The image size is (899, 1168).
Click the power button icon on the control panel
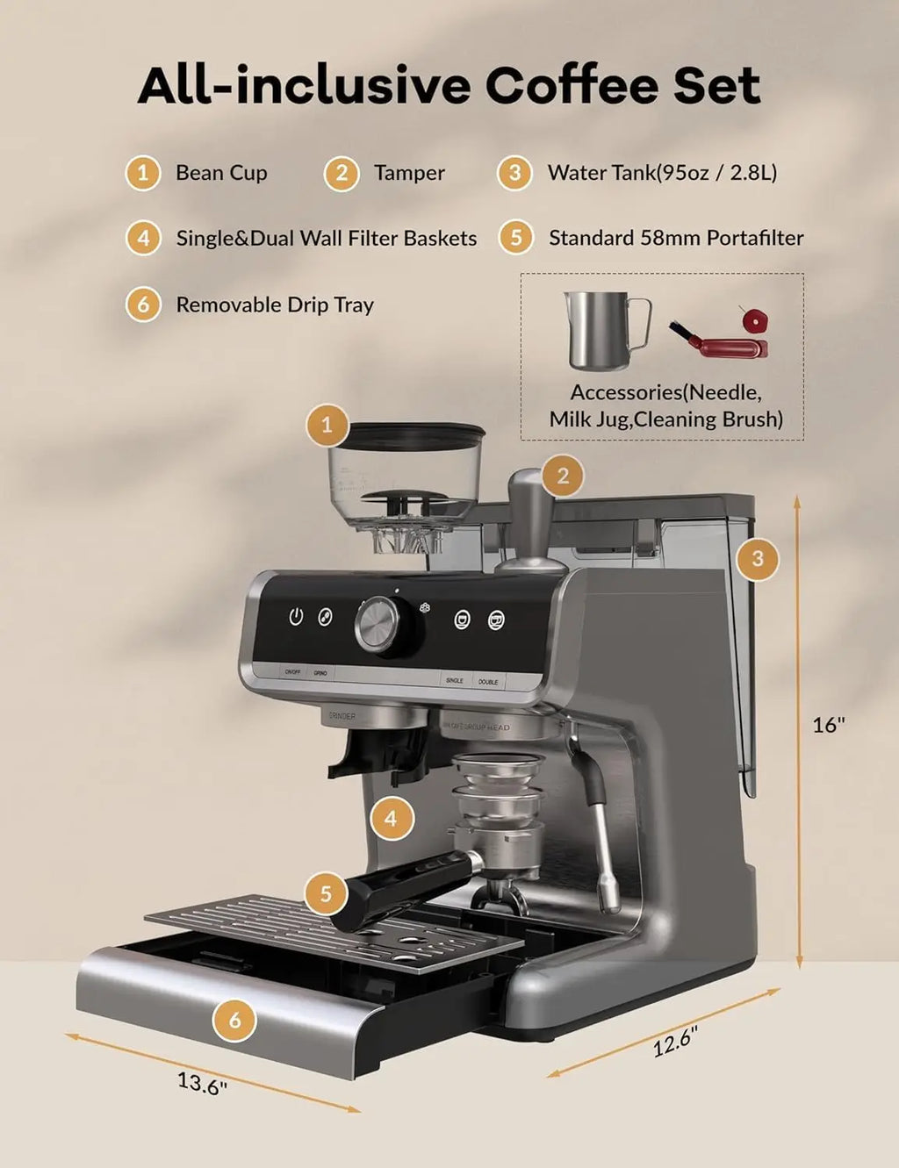coord(296,617)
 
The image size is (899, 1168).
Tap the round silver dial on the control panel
coord(378,625)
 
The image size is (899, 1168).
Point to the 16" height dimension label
coord(828,725)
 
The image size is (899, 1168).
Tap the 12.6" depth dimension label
coord(674,1042)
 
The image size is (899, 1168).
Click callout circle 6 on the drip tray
coord(234,1020)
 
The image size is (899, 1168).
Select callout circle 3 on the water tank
coord(758,558)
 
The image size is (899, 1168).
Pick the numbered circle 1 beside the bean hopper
coord(327,426)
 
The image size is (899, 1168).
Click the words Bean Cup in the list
coord(221,173)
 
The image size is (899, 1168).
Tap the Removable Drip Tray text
coord(275,305)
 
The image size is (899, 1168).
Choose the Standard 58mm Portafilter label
coord(676,238)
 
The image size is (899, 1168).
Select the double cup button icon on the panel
coord(496,620)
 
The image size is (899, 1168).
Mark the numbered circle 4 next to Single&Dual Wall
coord(143,238)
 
